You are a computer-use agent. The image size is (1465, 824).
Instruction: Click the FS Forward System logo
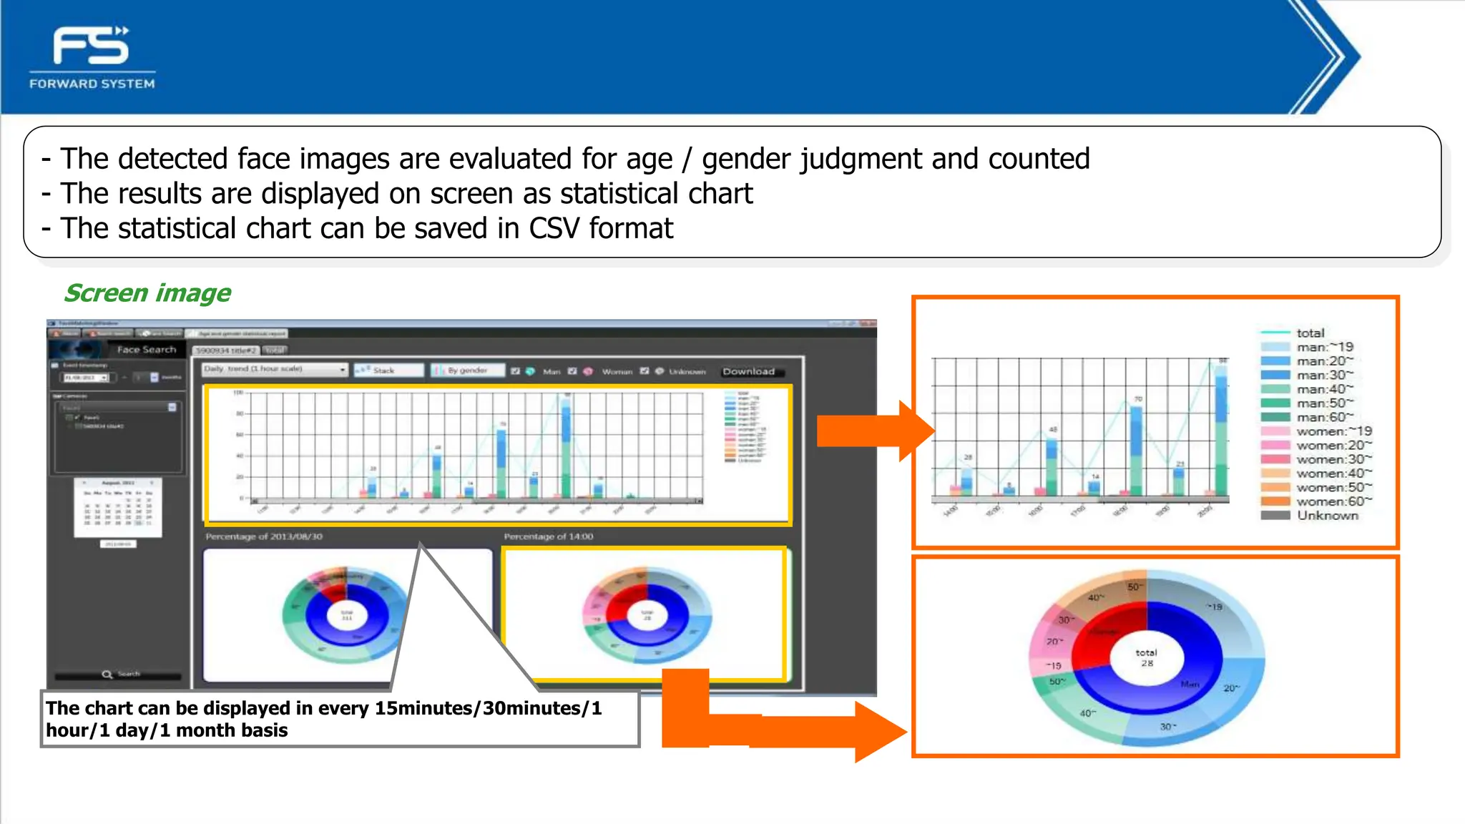[x=92, y=57]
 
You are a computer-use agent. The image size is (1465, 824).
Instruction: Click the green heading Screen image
[x=147, y=293]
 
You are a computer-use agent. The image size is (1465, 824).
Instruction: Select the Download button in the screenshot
[x=748, y=371]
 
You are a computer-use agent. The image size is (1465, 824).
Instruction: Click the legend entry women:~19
[x=1333, y=431]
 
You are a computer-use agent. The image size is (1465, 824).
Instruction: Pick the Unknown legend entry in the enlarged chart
[x=1327, y=516]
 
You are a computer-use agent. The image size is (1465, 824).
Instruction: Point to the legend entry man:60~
[x=1324, y=417]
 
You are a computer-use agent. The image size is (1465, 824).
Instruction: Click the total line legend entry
[x=1310, y=333]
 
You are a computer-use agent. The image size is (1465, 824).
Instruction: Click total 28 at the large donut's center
[x=1146, y=657]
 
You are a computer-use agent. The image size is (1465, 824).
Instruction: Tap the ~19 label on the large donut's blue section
[x=1214, y=607]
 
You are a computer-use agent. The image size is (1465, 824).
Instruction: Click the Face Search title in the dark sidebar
[x=146, y=350]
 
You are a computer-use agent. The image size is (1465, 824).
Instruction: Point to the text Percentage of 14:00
[x=549, y=536]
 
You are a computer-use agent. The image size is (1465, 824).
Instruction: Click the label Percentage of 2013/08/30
[x=264, y=536]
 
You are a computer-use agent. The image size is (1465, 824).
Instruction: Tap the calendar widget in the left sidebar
[x=118, y=508]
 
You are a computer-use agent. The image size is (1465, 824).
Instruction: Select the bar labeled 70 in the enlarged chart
[x=1136, y=451]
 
